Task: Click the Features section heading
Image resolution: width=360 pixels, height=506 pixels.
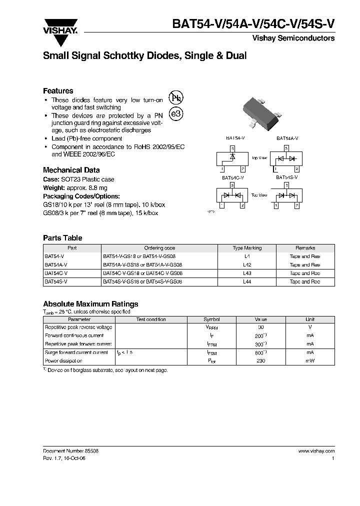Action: coord(58,91)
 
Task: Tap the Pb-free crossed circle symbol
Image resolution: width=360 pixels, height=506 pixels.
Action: coord(176,98)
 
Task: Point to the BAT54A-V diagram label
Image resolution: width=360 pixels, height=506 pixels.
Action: coord(287,138)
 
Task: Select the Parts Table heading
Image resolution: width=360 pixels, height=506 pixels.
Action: coord(62,238)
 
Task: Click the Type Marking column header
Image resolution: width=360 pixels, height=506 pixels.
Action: coord(247,248)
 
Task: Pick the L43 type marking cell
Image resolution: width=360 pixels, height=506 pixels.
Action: coord(247,273)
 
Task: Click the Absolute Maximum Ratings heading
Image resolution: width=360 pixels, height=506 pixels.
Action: coord(90,304)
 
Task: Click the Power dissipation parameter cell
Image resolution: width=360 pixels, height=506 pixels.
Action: coord(63,360)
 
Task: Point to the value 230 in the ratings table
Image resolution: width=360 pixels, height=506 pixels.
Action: coord(260,360)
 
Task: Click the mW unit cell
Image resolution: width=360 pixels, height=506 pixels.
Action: coord(310,360)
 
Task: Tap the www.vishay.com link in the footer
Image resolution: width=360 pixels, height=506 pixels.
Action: coord(316,450)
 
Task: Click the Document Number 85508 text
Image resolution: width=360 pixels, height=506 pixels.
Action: coord(70,450)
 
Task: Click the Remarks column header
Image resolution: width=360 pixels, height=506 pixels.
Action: coord(305,248)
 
